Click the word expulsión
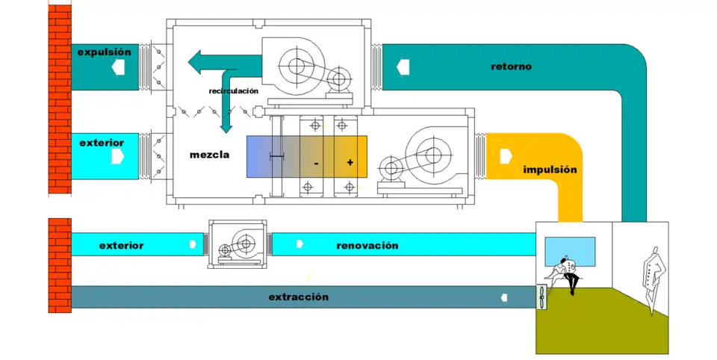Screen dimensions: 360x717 pyautogui.click(x=104, y=52)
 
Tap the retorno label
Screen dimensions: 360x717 pyautogui.click(x=511, y=66)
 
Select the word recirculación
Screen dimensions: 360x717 pyautogui.click(x=233, y=90)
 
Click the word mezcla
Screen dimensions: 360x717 pyautogui.click(x=209, y=156)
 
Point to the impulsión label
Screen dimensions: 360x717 pyautogui.click(x=550, y=170)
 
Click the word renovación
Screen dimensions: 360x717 pyautogui.click(x=367, y=245)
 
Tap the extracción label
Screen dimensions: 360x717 pyautogui.click(x=298, y=297)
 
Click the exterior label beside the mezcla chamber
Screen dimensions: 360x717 pyautogui.click(x=101, y=142)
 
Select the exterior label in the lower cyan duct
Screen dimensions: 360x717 pyautogui.click(x=121, y=245)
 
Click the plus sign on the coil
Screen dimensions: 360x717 pyautogui.click(x=350, y=162)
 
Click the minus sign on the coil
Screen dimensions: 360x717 pyautogui.click(x=317, y=162)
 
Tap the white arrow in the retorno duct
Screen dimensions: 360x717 pyautogui.click(x=403, y=66)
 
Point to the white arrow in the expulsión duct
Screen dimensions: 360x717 pyautogui.click(x=118, y=68)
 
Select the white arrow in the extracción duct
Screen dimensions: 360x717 pyautogui.click(x=504, y=297)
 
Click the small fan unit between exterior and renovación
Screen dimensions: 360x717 pyautogui.click(x=237, y=243)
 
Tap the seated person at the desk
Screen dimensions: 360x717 pyautogui.click(x=565, y=273)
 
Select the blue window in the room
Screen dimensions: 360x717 pyautogui.click(x=570, y=251)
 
